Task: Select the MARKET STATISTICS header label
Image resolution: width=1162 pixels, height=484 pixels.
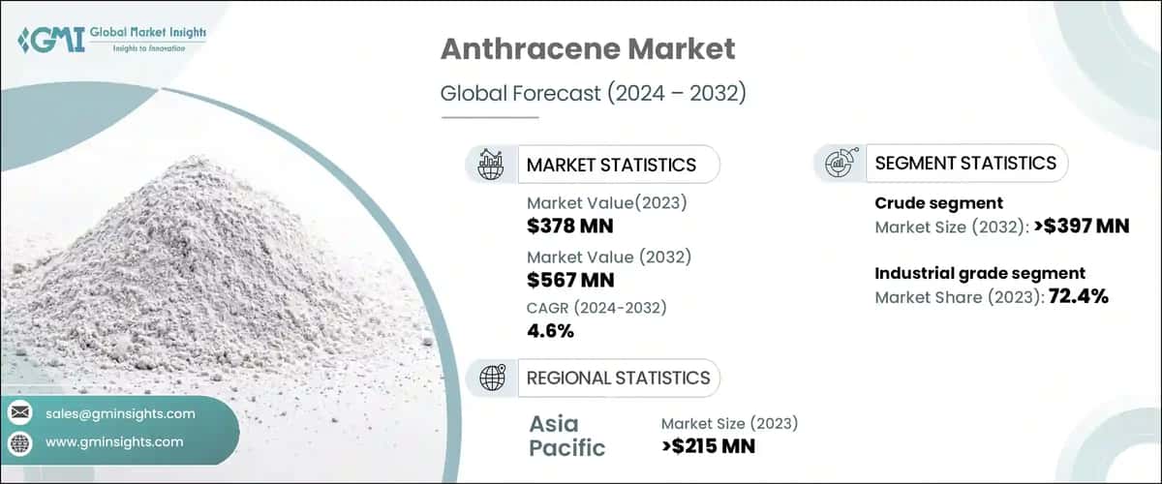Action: point(611,165)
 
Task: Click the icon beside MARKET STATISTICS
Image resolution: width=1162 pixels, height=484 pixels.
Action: point(491,165)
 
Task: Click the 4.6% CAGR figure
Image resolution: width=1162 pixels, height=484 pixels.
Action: point(551,331)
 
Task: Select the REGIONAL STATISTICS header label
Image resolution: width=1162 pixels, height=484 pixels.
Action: point(618,378)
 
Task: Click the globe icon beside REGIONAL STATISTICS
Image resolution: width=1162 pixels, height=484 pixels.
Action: point(491,378)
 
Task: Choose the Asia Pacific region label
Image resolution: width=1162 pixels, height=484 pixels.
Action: point(567,436)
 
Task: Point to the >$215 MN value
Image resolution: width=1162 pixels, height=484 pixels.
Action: point(708,446)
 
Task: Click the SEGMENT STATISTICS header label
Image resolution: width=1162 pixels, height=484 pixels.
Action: point(965,164)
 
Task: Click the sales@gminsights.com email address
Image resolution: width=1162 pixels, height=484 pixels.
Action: point(120,413)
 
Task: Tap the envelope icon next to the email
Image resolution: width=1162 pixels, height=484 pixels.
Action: point(20,413)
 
